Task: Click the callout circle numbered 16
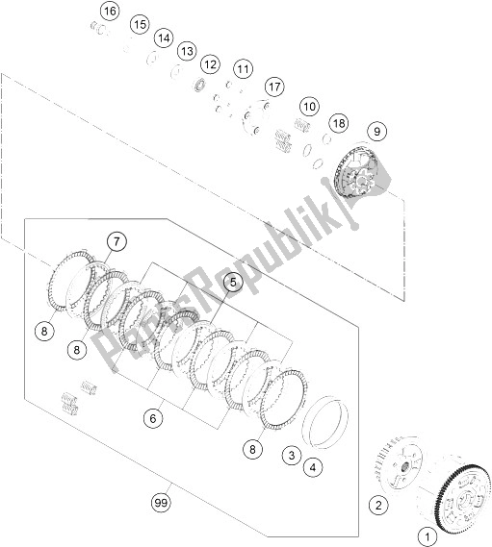109,12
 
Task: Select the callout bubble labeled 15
140,23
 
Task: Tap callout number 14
163,37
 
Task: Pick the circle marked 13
186,50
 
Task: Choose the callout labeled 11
241,69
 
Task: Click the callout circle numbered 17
275,87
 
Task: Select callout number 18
337,122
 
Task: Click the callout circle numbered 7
116,240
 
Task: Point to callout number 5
232,282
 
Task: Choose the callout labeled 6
151,417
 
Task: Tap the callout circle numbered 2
377,503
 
